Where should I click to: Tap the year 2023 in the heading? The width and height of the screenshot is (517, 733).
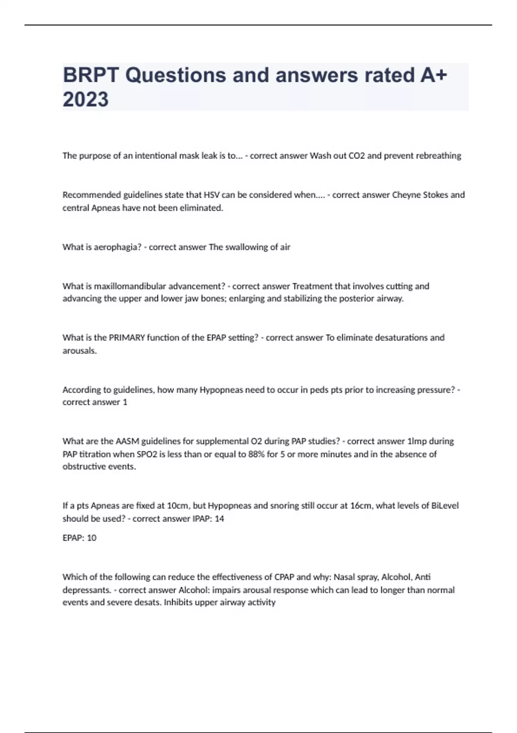click(x=85, y=99)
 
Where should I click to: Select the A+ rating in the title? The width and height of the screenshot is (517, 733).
click(x=433, y=75)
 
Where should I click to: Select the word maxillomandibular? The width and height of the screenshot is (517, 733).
click(x=130, y=286)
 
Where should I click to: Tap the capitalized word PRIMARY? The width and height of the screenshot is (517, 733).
click(x=127, y=338)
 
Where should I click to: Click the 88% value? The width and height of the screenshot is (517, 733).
click(x=257, y=454)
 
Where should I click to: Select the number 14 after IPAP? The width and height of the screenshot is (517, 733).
click(x=219, y=518)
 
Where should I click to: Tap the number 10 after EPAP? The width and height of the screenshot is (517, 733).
click(x=92, y=538)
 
